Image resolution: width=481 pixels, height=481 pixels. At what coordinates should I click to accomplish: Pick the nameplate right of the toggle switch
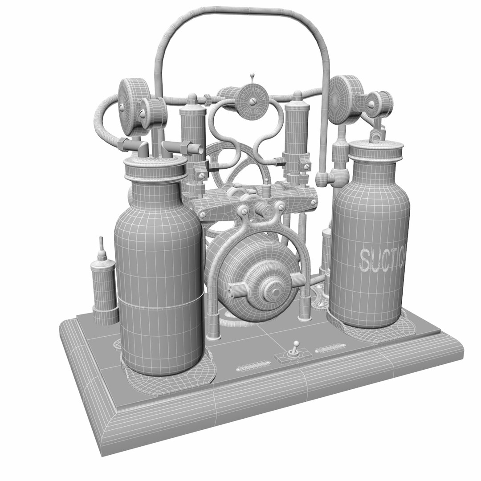(x=330, y=350)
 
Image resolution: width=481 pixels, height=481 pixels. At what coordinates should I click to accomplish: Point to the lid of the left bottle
(x=155, y=169)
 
